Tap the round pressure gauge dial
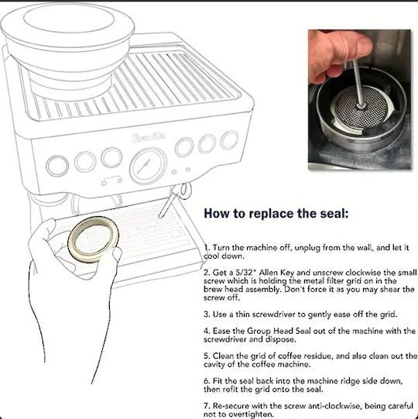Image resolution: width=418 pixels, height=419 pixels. pyautogui.click(x=147, y=165)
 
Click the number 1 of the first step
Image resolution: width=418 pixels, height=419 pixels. pyautogui.click(x=205, y=247)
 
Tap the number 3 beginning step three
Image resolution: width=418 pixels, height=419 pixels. pyautogui.click(x=205, y=314)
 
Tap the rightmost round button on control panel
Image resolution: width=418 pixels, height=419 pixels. pyautogui.click(x=229, y=140)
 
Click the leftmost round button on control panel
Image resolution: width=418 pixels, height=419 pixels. pyautogui.click(x=57, y=165)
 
